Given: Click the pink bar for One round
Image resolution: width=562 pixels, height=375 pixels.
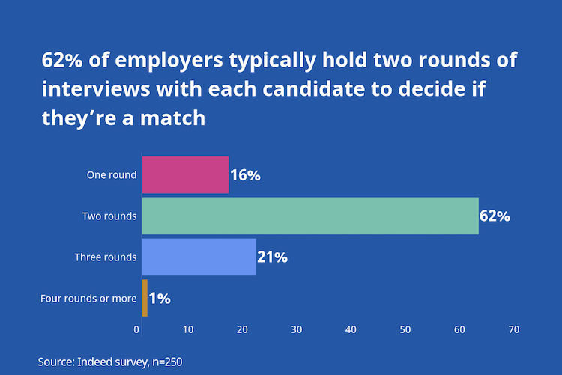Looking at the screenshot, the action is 185,175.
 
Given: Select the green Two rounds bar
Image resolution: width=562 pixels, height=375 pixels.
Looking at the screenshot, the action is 310,216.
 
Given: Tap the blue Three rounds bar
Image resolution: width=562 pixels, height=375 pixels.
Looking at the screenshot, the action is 199,257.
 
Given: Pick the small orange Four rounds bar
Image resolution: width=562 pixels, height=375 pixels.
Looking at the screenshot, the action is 145,298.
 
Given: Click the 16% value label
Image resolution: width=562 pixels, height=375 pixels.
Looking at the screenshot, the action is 246,175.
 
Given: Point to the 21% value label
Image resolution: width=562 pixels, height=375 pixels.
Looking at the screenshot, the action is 273,257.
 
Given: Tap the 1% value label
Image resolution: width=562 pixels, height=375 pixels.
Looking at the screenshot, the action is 160,299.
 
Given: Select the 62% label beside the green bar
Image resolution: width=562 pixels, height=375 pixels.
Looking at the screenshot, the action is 495,216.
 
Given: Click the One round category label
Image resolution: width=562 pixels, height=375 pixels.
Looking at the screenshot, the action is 112,175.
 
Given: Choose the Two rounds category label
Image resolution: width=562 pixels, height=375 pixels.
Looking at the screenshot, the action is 109,216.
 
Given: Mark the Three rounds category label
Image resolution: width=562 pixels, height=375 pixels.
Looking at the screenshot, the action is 106,257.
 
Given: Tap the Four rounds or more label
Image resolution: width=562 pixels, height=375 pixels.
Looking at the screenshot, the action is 88,299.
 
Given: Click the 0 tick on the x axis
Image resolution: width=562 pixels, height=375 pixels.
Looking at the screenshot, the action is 136,329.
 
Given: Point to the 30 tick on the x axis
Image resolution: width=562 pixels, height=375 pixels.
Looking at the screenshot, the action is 297,329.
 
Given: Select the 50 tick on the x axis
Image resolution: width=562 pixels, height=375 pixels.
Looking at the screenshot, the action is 405,329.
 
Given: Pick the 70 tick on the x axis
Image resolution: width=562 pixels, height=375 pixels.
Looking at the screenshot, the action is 514,329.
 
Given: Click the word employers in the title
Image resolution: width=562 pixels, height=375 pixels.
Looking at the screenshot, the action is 169,61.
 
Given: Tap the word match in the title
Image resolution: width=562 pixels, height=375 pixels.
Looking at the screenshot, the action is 172,118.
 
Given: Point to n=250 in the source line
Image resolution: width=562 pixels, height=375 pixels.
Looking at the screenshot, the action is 167,362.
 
